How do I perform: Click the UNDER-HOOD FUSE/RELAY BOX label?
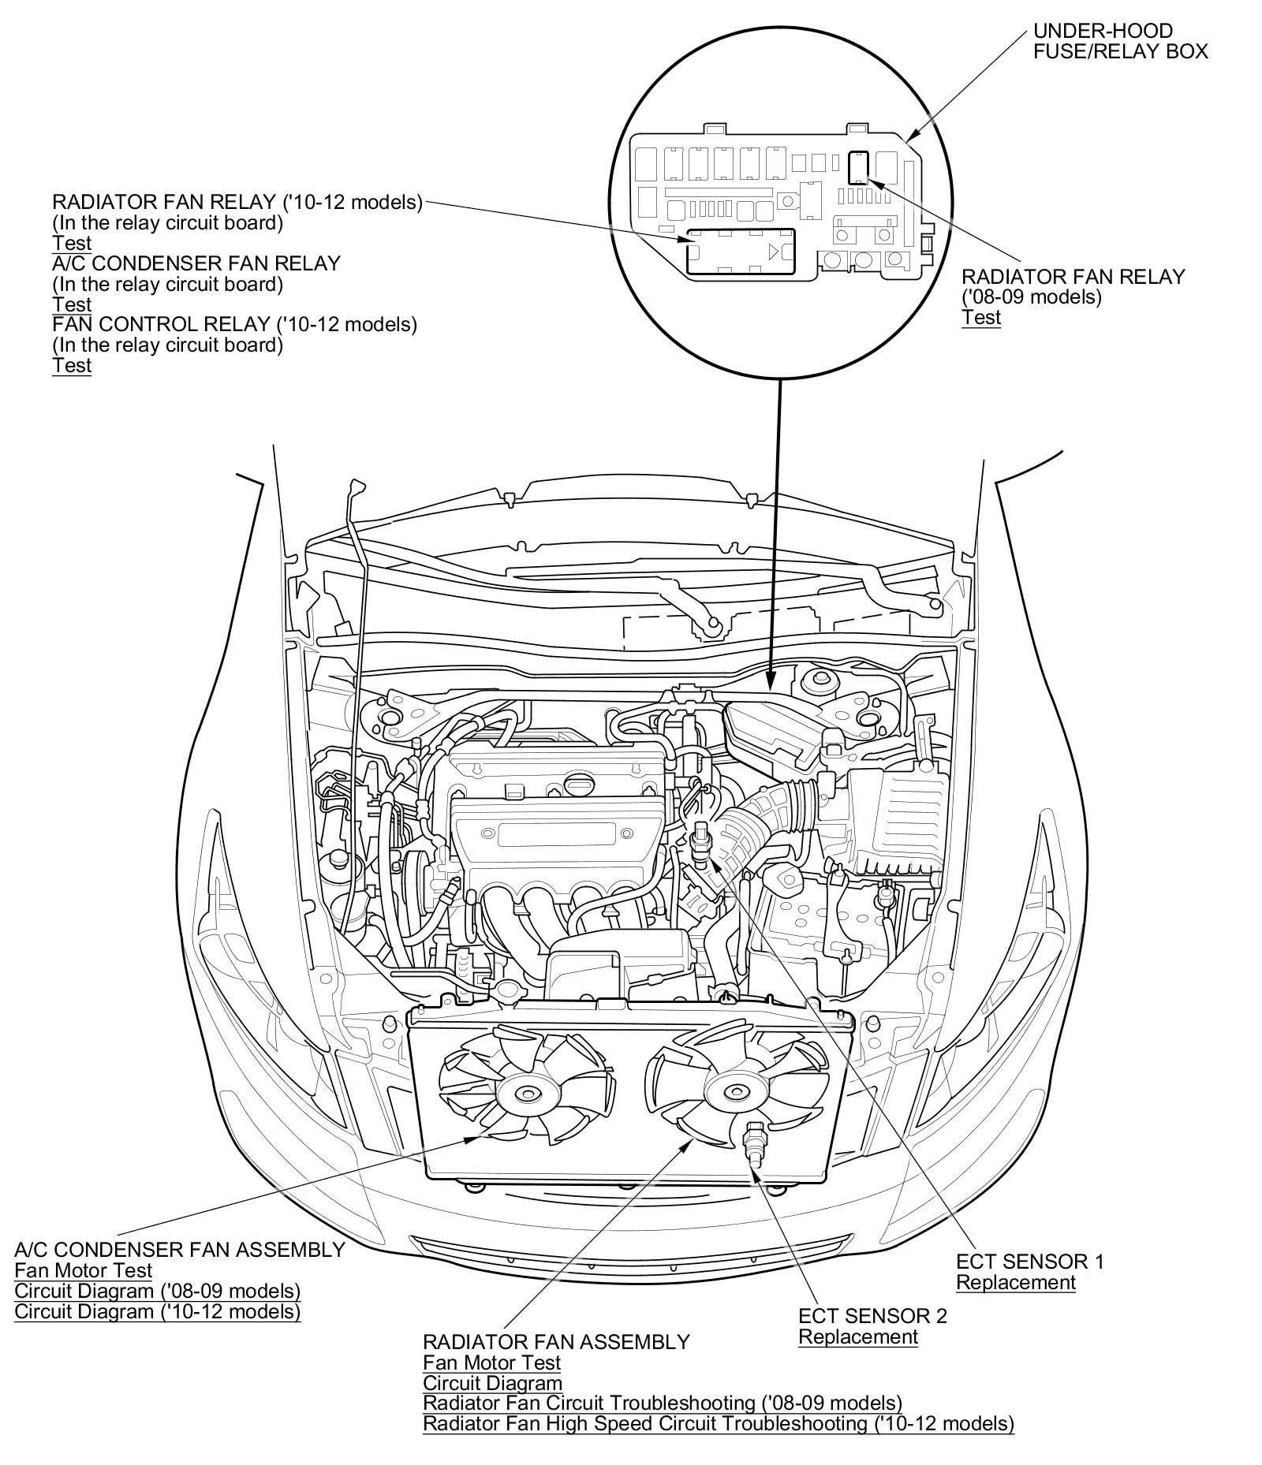pyautogui.click(x=1120, y=41)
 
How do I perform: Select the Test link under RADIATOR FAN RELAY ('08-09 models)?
pyautogui.click(x=980, y=317)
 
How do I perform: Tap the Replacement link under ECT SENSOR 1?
pyautogui.click(x=1016, y=1282)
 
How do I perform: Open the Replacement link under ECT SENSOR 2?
pyautogui.click(x=858, y=1336)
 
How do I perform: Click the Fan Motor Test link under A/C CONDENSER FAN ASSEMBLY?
pyautogui.click(x=84, y=1270)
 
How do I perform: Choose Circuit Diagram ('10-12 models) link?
pyautogui.click(x=158, y=1311)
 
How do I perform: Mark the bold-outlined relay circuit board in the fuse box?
pyautogui.click(x=740, y=251)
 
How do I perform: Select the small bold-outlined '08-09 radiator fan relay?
pyautogui.click(x=857, y=166)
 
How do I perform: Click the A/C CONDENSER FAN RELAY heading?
pyautogui.click(x=196, y=263)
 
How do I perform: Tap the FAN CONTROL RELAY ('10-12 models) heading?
pyautogui.click(x=235, y=324)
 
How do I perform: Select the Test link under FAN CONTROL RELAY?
pyautogui.click(x=72, y=365)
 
